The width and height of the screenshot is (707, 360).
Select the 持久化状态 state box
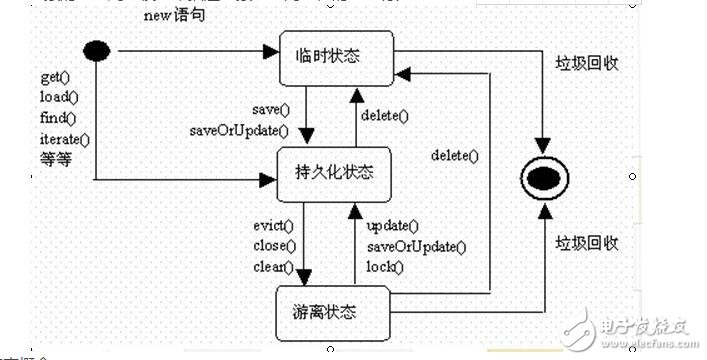336,172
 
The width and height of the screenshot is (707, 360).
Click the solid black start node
96,49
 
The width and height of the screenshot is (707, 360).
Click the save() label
270,108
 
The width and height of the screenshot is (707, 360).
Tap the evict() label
274,226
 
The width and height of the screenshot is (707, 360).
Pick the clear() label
275,267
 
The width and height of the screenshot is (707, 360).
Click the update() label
393,226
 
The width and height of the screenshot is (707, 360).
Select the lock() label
385,267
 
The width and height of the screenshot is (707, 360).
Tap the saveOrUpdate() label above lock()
415,246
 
